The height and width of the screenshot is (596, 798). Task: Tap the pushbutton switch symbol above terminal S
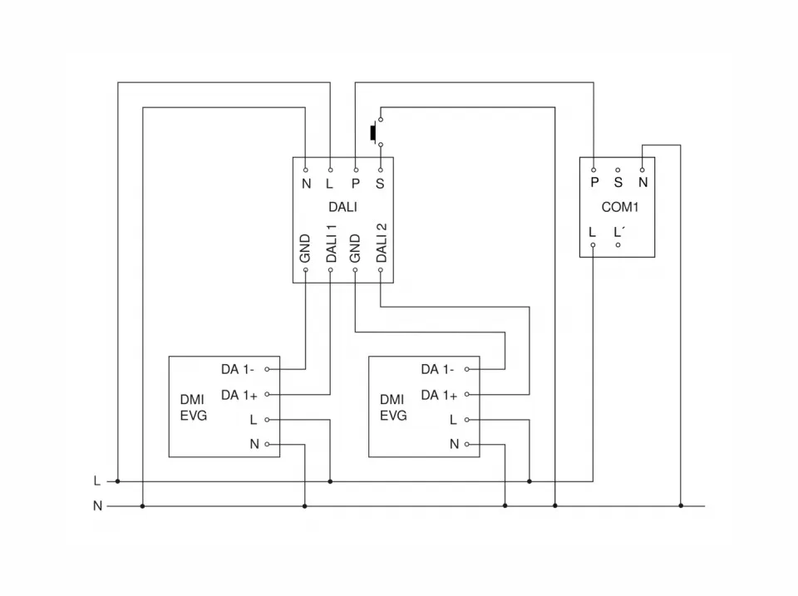375,132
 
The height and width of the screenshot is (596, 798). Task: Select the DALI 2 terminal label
381,244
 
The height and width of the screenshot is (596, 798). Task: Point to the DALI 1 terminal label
331,244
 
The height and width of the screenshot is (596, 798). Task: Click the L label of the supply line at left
97,480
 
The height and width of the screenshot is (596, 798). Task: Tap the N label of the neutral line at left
97,505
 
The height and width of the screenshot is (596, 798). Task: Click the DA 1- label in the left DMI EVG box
238,369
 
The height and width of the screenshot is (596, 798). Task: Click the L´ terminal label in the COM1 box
618,233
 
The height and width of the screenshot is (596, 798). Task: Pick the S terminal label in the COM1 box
618,182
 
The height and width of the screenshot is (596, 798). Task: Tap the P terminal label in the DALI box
356,182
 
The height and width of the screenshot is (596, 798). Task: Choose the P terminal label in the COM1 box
594,182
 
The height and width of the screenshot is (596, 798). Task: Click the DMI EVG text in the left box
193,406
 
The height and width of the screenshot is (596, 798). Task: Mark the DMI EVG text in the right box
393,406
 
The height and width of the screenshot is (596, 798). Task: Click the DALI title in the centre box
342,207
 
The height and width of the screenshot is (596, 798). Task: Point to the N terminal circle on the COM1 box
643,169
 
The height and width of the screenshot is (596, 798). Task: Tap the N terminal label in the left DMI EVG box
254,445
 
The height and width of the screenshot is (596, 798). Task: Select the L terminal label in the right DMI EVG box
454,420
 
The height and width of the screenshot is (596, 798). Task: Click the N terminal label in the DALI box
306,182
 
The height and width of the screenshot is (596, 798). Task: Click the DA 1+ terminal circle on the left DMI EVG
268,394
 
